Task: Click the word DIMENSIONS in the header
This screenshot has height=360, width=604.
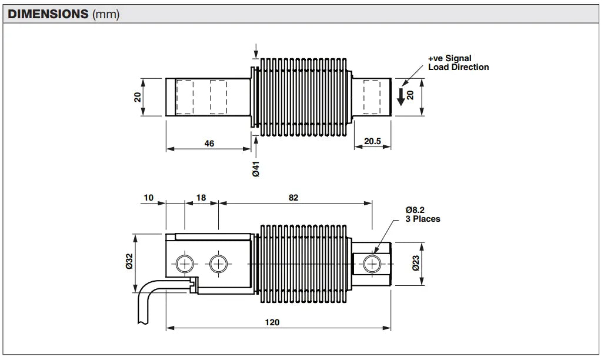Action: pos(48,14)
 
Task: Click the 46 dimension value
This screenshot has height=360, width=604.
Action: pos(209,144)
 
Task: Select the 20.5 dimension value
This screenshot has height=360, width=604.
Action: pos(372,141)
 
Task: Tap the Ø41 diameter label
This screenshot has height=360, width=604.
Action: pos(256,169)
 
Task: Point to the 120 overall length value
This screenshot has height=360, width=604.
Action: pos(272,322)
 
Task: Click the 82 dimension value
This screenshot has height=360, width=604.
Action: pos(293,198)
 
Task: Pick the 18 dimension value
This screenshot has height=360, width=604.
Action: pos(201,198)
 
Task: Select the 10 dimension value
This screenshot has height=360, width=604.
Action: pos(148,198)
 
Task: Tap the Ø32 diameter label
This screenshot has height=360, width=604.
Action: pos(129,261)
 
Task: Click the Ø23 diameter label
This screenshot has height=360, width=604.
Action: pos(416,264)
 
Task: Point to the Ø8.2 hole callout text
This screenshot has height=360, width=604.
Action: pos(415,209)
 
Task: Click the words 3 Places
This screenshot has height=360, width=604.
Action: pos(423,219)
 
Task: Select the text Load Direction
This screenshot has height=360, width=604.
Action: pos(458,67)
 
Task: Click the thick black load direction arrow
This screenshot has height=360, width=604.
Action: pos(401,96)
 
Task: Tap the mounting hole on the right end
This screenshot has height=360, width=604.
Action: pos(372,264)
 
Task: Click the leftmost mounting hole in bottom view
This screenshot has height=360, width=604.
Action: pos(185,264)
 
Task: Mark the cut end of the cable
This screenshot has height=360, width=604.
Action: pos(142,323)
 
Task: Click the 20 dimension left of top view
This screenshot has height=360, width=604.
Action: pos(138,96)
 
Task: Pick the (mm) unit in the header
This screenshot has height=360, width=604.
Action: pos(106,14)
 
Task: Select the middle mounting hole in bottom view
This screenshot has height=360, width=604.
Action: pos(218,264)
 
